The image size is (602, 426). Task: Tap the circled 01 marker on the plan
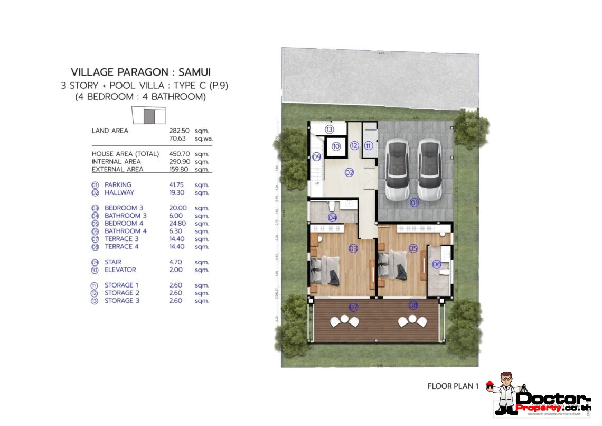tap(414, 202)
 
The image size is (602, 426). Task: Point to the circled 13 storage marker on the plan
tap(329, 129)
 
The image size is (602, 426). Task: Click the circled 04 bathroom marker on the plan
tap(332, 217)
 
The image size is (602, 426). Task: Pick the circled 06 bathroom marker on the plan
tap(437, 264)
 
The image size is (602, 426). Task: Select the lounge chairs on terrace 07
tap(344, 320)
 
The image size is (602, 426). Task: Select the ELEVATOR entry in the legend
tap(120, 270)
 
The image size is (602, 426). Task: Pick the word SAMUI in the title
tap(192, 72)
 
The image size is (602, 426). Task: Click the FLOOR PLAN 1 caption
tap(453, 386)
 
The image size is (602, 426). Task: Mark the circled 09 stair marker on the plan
tap(316, 156)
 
